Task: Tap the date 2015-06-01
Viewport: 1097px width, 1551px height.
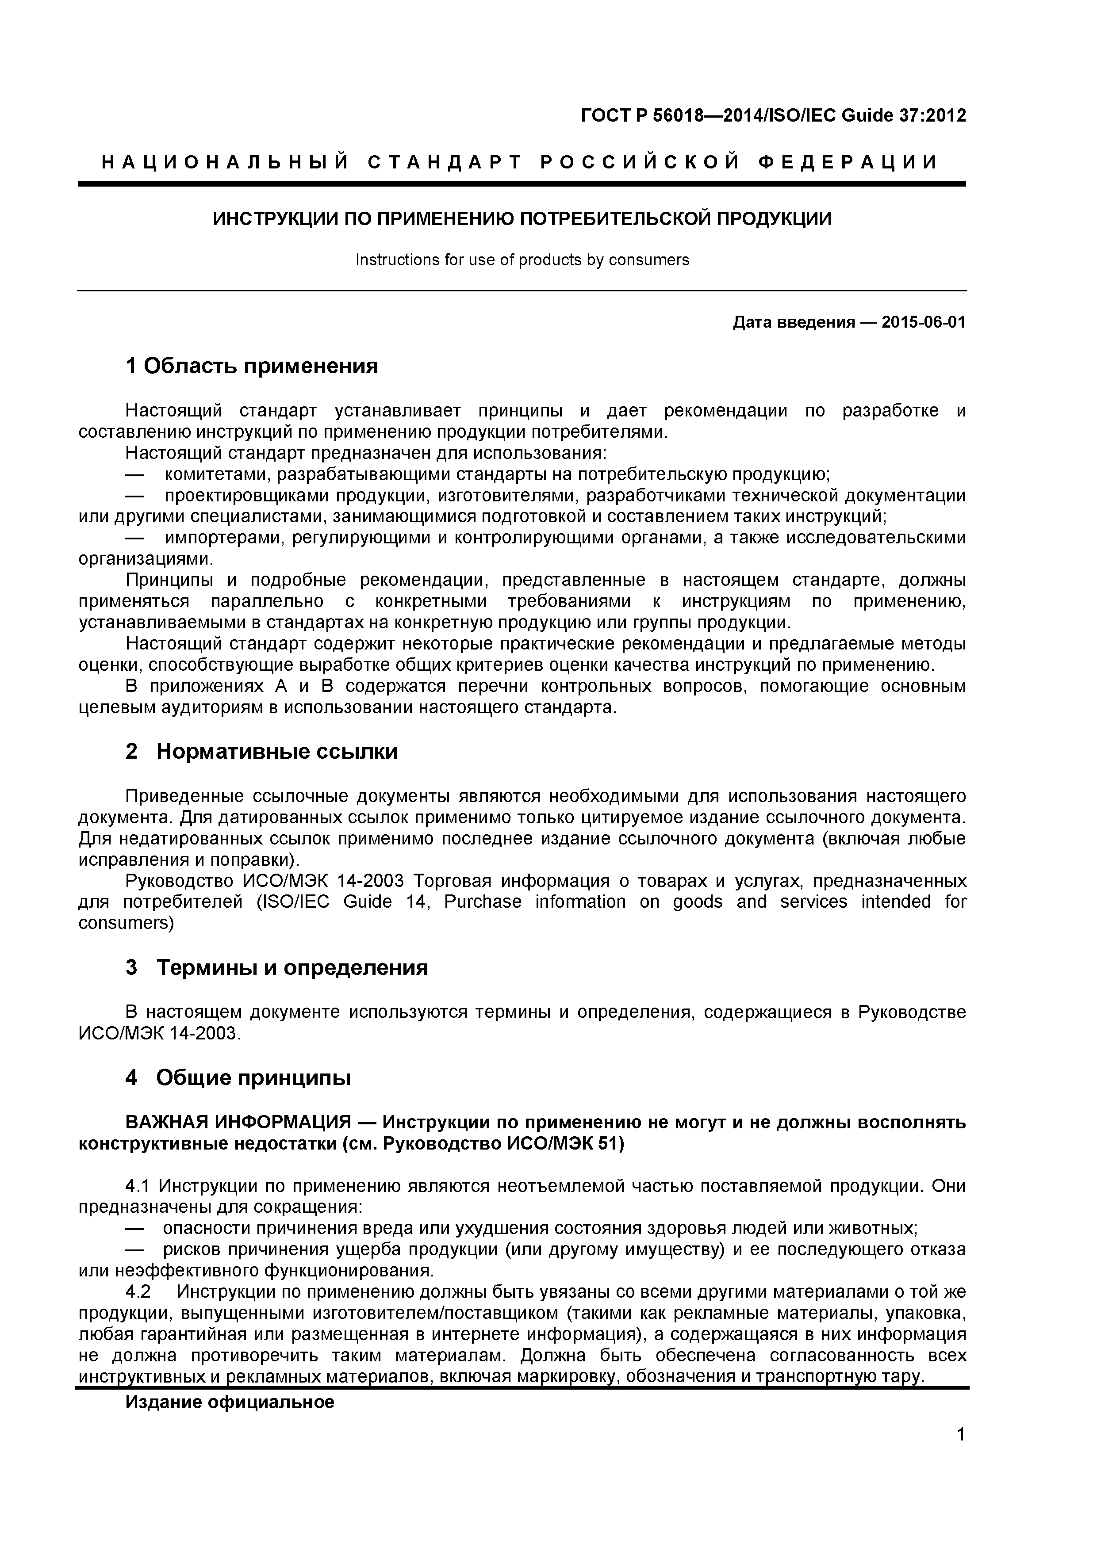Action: tap(923, 322)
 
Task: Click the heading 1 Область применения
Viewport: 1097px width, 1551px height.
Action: tap(251, 366)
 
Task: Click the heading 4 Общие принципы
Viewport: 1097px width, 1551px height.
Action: tap(238, 1078)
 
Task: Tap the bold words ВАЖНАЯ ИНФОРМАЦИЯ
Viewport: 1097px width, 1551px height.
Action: tap(238, 1123)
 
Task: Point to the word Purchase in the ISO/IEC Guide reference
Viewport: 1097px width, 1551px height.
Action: tap(483, 902)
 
